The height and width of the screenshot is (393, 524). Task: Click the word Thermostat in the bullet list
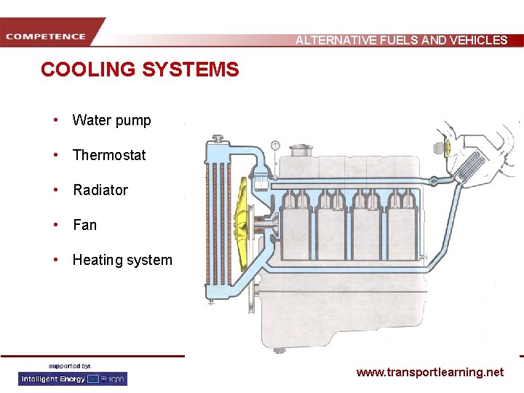(x=109, y=155)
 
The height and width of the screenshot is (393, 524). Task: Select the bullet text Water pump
(x=111, y=121)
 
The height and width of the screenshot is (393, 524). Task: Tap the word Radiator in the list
(x=100, y=190)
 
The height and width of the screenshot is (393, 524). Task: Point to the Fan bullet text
(x=84, y=225)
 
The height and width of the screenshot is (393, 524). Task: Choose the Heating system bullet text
(x=122, y=260)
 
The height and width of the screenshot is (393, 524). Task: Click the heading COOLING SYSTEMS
(x=140, y=70)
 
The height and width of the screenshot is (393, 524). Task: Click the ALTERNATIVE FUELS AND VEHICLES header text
(x=401, y=40)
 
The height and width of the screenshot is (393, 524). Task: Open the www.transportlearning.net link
(x=429, y=372)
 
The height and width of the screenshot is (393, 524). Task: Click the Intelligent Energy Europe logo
(x=73, y=378)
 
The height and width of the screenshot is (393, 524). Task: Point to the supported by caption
(x=69, y=365)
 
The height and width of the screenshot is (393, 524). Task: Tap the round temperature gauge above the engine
(x=276, y=145)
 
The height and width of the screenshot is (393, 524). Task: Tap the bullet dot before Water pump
(x=55, y=120)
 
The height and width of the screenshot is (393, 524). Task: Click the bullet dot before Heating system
(x=55, y=260)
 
